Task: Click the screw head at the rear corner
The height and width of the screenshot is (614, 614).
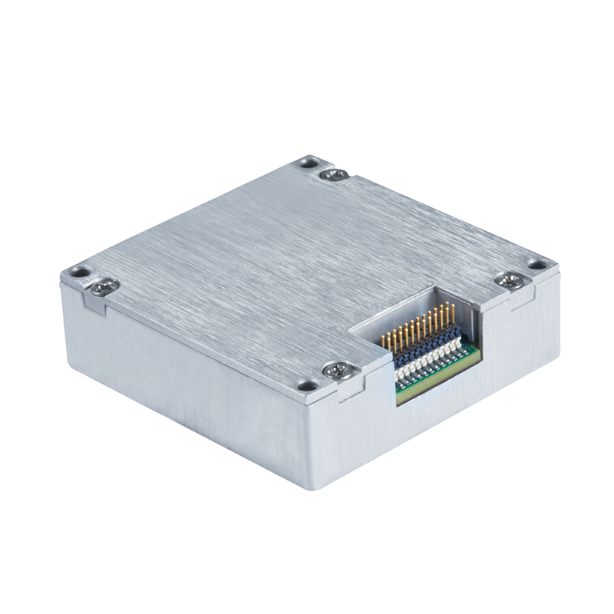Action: [x=335, y=175]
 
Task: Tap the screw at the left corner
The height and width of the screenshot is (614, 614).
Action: [x=104, y=286]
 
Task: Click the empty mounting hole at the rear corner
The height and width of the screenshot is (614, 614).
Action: [x=309, y=162]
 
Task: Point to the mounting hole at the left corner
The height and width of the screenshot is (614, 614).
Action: [x=78, y=272]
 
